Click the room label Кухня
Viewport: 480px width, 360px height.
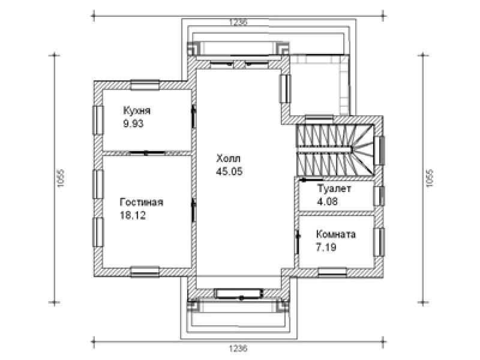137,110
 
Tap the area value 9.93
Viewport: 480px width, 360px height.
133,124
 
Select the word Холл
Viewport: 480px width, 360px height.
229,158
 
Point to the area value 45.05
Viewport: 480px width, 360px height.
229,172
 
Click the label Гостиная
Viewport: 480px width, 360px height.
142,202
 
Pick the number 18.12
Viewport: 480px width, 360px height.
133,215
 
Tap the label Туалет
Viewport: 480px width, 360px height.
334,188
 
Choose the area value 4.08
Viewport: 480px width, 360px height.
327,202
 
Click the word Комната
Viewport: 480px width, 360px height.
336,234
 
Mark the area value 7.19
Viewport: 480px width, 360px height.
326,247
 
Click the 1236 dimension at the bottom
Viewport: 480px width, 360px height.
238,349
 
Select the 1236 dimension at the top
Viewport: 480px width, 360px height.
238,22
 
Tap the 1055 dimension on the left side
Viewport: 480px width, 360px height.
61,178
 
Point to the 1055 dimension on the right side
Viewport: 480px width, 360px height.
430,178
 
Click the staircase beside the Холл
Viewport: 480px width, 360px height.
335,149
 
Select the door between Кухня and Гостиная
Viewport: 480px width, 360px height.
146,152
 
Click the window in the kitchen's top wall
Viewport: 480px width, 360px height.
145,85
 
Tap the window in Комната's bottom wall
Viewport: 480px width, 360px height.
332,272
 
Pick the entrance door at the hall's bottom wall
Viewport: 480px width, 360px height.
239,293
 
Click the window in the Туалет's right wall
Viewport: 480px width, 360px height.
379,196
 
